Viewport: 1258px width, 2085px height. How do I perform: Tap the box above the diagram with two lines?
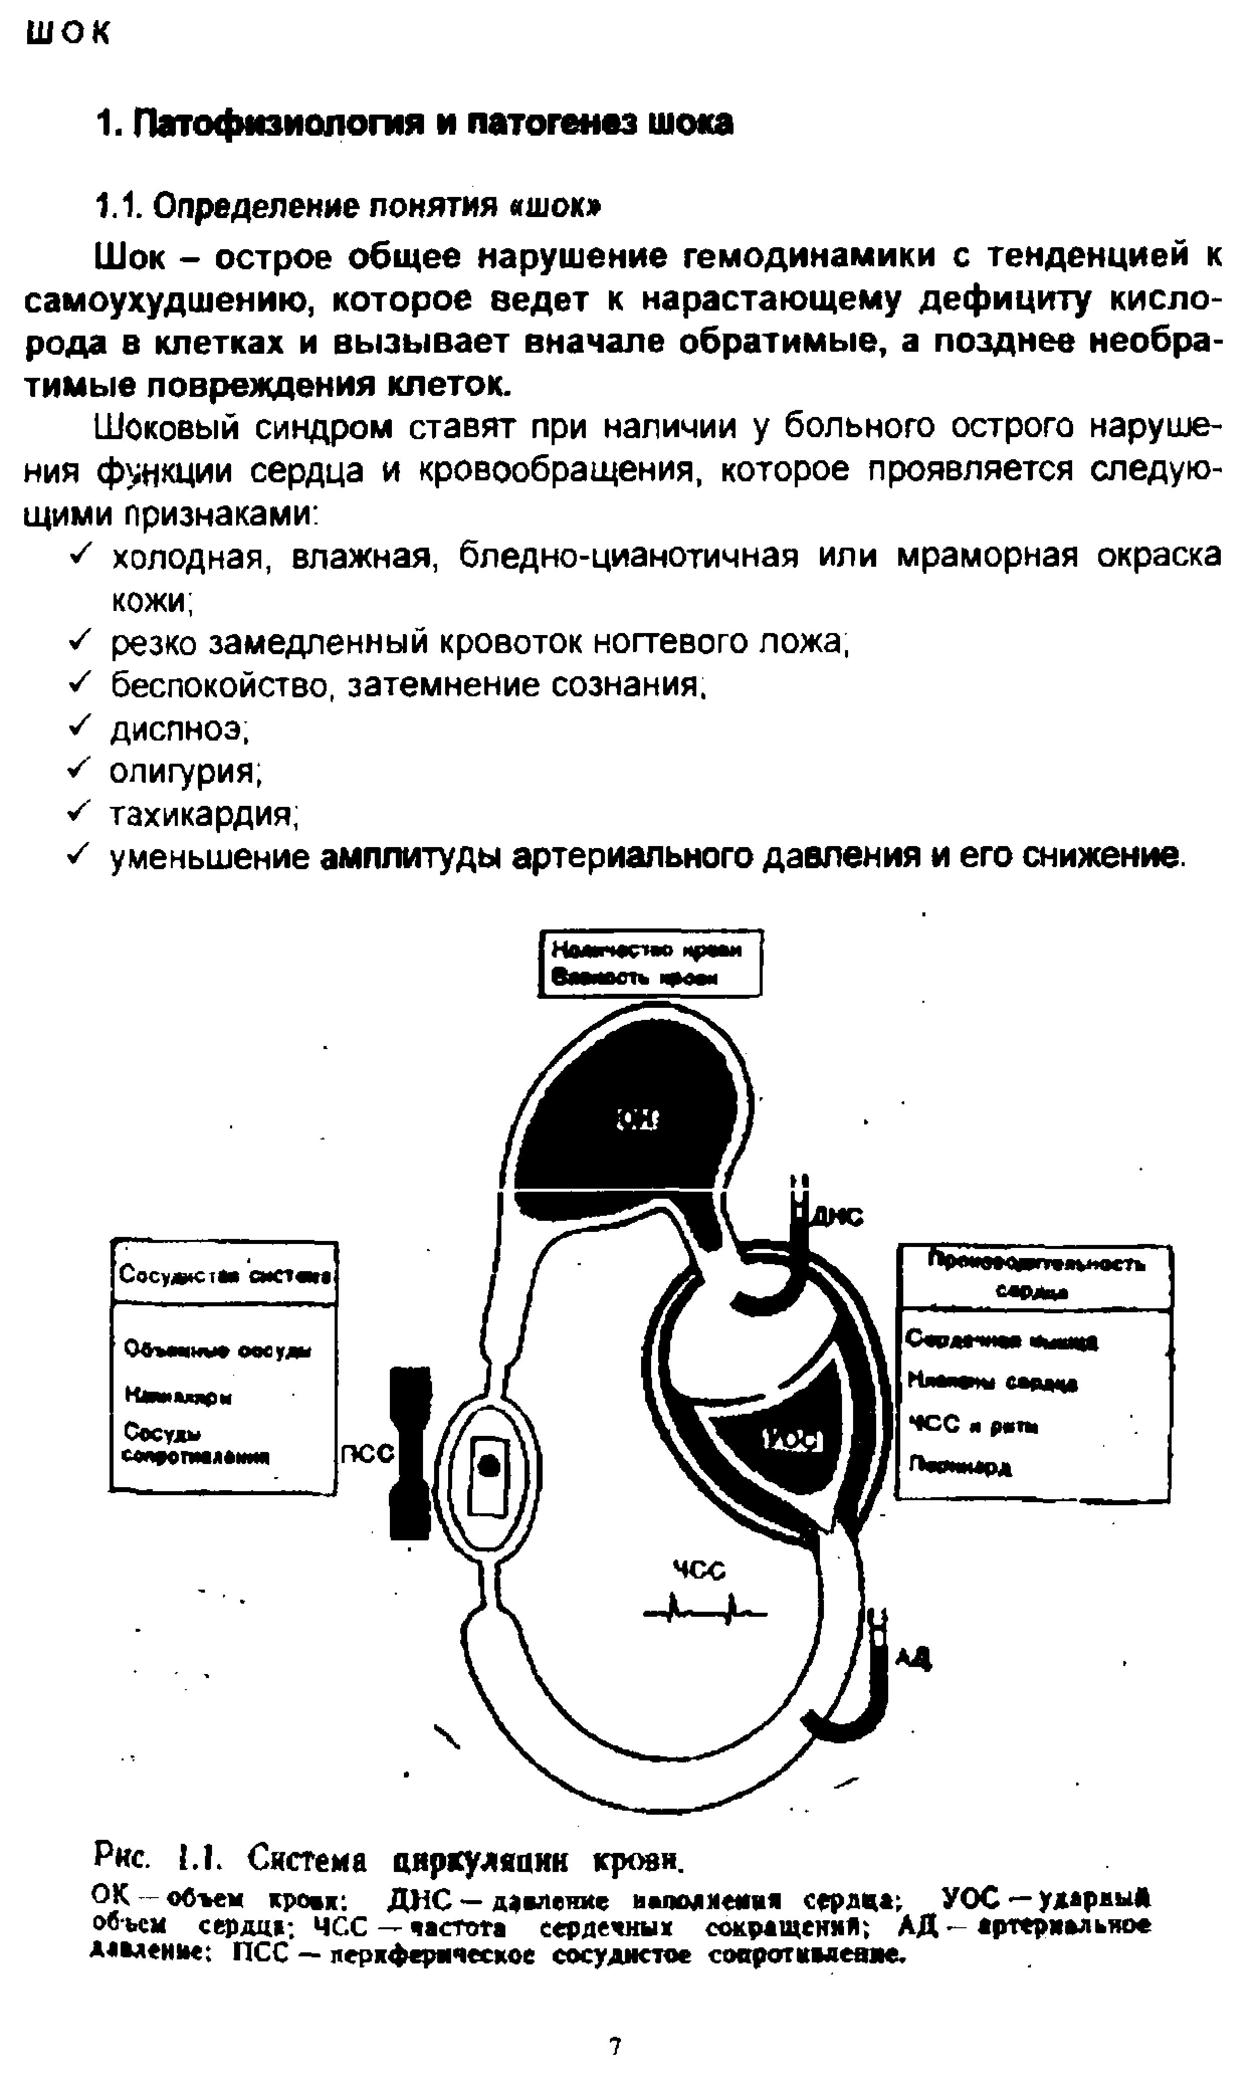[x=650, y=963]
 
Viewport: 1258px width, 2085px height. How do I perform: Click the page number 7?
[x=615, y=2046]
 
